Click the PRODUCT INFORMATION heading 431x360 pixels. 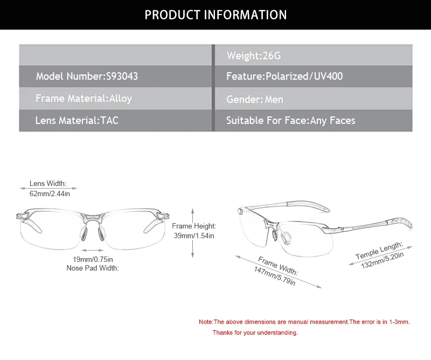pos(215,15)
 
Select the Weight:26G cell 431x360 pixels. pos(314,55)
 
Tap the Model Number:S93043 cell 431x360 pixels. pos(115,76)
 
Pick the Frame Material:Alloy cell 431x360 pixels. pos(115,98)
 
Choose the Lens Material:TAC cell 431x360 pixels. pos(115,121)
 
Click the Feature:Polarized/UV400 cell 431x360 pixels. pos(314,76)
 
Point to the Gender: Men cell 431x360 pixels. pos(314,99)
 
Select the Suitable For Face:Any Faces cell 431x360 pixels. pos(314,121)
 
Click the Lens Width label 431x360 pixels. pos(48,183)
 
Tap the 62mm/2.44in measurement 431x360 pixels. pos(50,193)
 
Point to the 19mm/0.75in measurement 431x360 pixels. pos(93,259)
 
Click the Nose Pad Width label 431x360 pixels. pos(93,268)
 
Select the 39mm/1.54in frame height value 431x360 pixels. pos(194,236)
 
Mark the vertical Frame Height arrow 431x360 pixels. pos(193,233)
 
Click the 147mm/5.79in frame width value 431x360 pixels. pos(275,276)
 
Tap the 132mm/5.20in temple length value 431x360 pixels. pos(383,260)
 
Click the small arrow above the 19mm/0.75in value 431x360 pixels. pos(92,250)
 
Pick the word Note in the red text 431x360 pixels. pos(206,322)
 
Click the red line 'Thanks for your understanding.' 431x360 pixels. pos(255,333)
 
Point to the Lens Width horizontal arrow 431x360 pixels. pos(48,189)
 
